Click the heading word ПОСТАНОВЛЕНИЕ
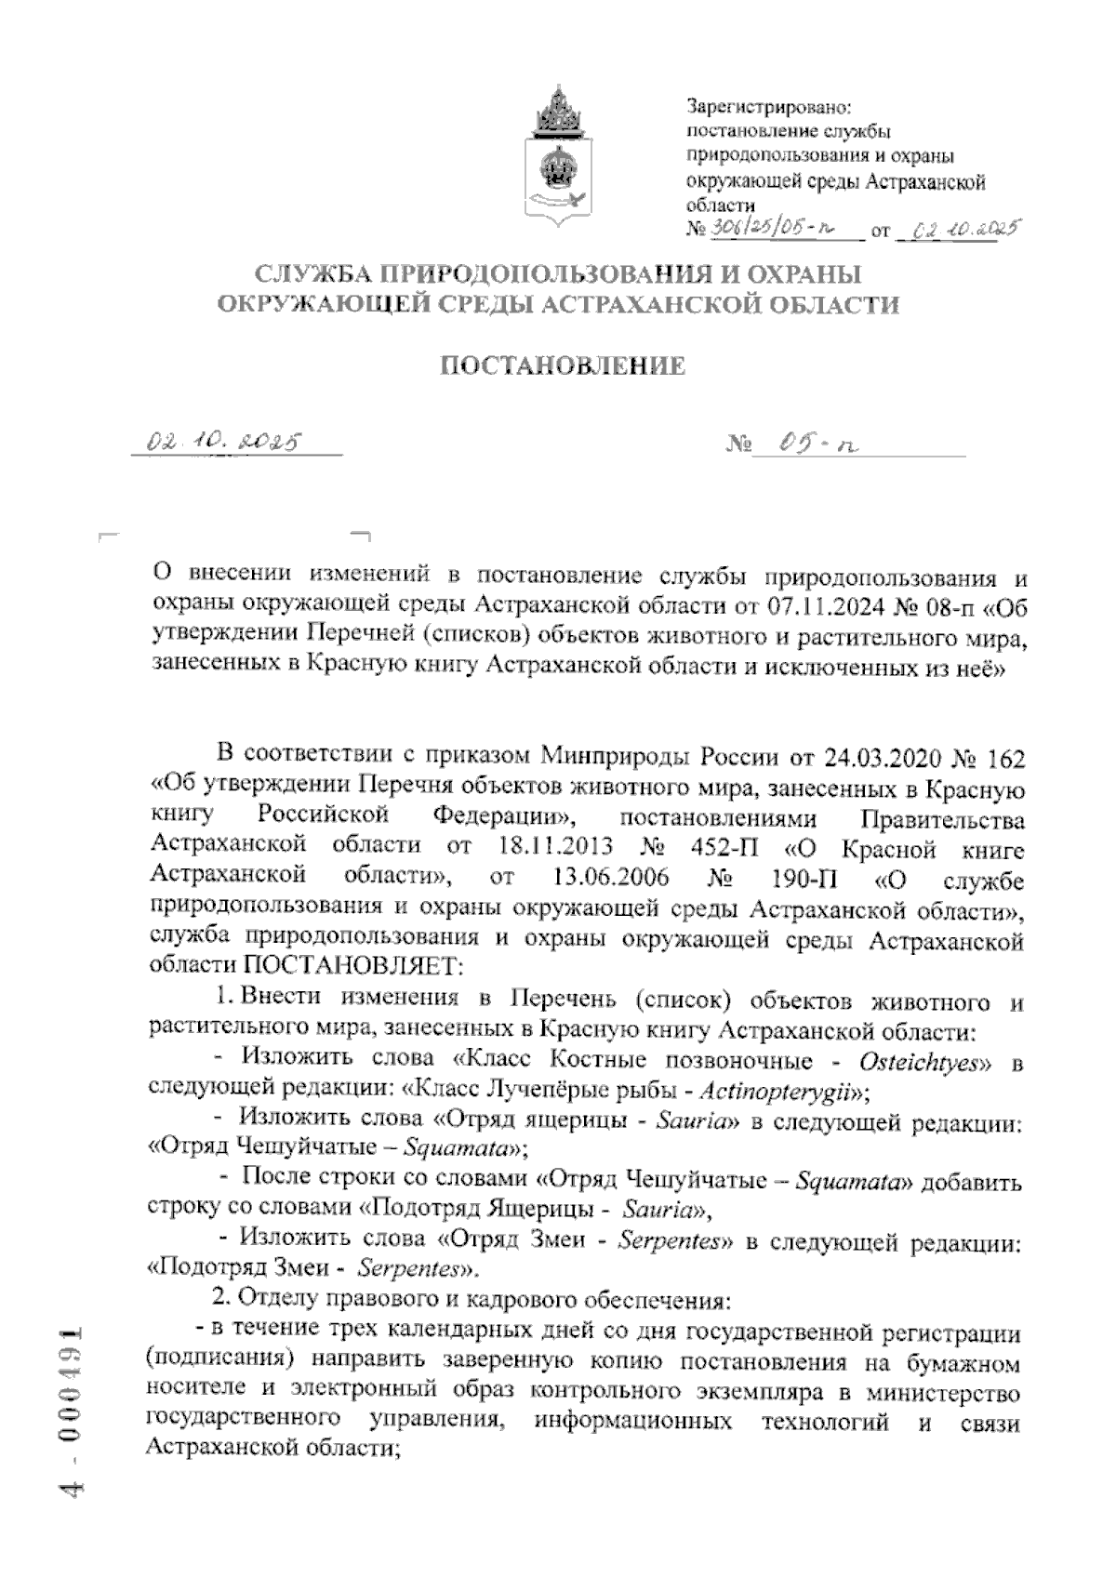(x=562, y=366)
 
